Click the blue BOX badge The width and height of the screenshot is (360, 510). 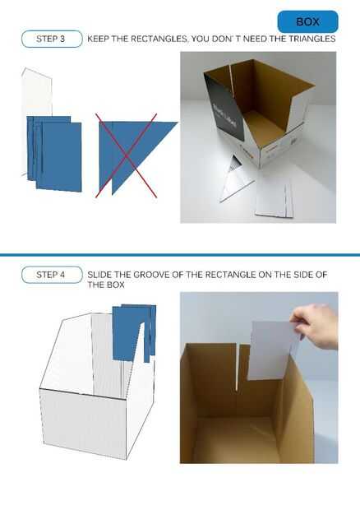(307, 21)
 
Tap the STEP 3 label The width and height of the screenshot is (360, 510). (52, 39)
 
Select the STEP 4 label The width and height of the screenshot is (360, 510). (52, 275)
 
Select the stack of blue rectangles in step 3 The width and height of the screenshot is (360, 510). (54, 153)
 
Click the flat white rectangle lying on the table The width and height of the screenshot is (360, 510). (275, 199)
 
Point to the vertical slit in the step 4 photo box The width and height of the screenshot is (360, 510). (238, 367)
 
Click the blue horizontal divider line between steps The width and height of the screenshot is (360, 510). (180, 255)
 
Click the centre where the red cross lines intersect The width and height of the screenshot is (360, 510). (127, 155)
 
